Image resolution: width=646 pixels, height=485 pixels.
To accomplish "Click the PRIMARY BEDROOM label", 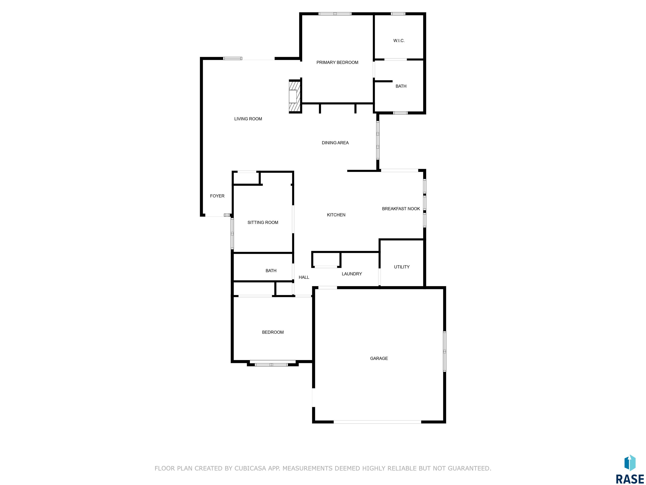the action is coord(337,62).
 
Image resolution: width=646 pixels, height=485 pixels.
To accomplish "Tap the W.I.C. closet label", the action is coord(399,41).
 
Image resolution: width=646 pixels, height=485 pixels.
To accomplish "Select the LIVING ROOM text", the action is coord(248,119).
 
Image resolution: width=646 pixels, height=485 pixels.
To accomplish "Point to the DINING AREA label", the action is coord(335,143).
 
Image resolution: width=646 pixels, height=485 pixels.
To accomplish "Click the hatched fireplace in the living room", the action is coord(295,96).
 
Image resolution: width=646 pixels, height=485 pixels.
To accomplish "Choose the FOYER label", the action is coord(217,196).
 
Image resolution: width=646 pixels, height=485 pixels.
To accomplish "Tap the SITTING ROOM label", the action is coord(263,223).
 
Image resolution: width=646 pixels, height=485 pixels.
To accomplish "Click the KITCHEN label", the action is coord(336,215).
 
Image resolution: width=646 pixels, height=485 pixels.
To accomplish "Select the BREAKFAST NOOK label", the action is coord(401,209).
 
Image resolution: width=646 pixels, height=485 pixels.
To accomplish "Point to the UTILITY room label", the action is coord(402,267).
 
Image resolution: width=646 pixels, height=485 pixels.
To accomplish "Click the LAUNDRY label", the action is coord(352,274).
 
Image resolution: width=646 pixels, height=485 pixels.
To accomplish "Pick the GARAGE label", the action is coord(379,358).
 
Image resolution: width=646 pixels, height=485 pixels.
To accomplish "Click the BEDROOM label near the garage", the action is coord(273,332).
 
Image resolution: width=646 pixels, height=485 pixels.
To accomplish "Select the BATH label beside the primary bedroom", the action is coord(401,86).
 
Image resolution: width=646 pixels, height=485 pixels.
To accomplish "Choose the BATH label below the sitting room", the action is coord(271,271).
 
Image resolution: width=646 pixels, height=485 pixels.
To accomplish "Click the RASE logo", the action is coord(630,470).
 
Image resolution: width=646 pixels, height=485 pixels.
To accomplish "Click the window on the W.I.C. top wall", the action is coord(398,14).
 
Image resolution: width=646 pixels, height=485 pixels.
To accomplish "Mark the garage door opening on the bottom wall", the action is coord(377,422).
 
